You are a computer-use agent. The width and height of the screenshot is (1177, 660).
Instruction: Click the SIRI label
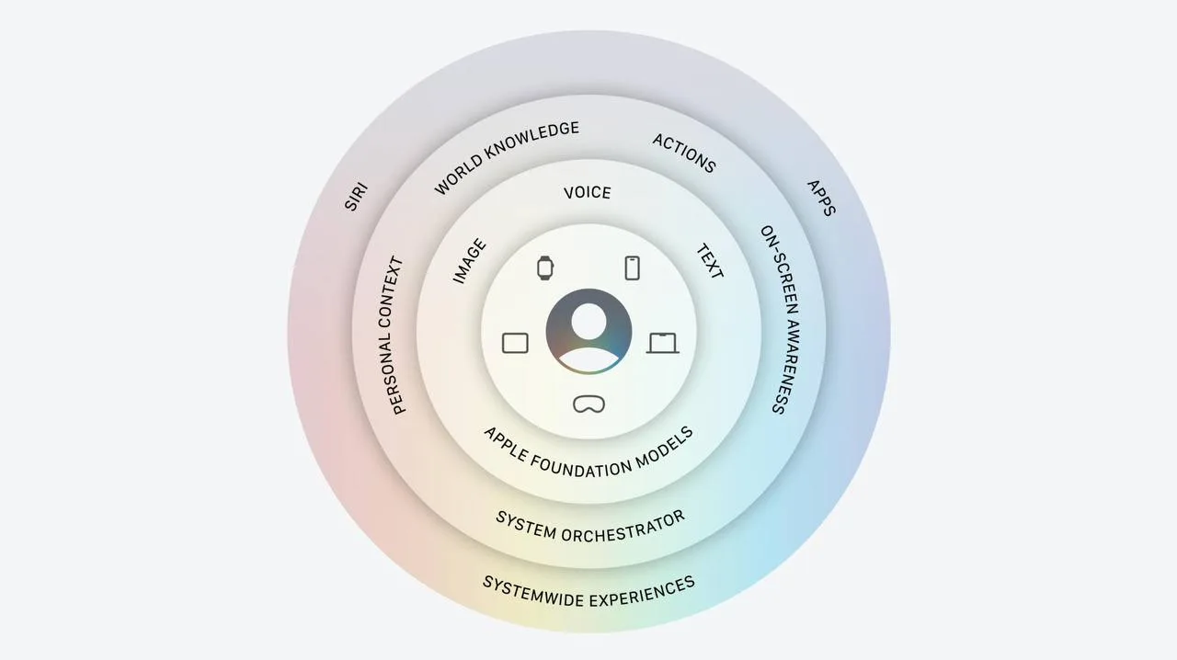click(356, 197)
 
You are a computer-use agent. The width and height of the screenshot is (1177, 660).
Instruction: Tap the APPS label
click(821, 199)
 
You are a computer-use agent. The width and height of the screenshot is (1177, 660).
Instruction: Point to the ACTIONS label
click(684, 153)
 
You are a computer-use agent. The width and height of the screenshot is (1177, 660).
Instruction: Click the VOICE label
click(588, 193)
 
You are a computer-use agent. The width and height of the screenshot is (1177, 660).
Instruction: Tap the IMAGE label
click(470, 261)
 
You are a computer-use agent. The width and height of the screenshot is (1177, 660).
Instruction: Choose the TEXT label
click(710, 261)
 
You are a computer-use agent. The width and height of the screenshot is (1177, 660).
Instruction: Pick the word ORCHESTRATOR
click(623, 529)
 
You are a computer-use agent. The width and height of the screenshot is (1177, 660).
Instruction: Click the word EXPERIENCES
click(642, 592)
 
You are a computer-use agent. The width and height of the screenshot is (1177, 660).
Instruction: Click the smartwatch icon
click(545, 268)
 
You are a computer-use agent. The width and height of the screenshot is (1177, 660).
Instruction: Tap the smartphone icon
click(632, 268)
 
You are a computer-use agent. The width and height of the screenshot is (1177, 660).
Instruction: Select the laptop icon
click(663, 343)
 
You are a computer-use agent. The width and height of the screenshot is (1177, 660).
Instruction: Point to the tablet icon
click(515, 343)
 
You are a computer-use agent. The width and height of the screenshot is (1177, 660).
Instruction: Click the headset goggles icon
click(588, 404)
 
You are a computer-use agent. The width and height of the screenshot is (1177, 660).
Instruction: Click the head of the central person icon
click(588, 321)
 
